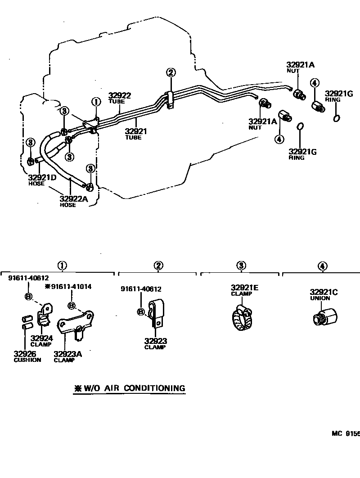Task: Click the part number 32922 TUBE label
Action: (119, 98)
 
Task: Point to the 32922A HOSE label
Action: (74, 201)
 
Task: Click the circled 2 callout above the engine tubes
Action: (171, 72)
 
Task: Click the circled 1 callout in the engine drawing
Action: (95, 102)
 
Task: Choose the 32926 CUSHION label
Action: (27, 356)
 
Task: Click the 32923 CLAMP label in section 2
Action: (155, 343)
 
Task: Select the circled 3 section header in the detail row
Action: (242, 266)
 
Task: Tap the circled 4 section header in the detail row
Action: (323, 266)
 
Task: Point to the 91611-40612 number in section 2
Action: (141, 289)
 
